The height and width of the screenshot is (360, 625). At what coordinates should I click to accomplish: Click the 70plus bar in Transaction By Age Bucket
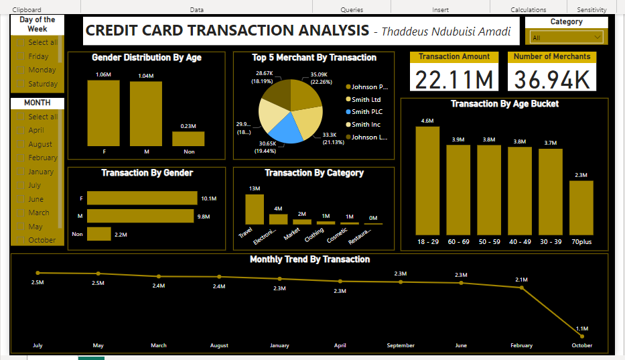tap(581, 208)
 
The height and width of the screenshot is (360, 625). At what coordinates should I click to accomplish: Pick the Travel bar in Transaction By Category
tap(255, 208)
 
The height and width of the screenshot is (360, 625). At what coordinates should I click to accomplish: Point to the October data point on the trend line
tap(582, 335)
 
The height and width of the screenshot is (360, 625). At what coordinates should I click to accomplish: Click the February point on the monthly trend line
tap(522, 288)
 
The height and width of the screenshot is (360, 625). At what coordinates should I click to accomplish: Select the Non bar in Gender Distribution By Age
tap(188, 139)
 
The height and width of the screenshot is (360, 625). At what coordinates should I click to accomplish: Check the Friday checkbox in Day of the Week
tap(20, 57)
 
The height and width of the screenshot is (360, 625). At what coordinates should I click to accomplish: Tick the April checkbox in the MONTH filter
tap(20, 131)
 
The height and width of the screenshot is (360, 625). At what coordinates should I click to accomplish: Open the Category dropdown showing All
tap(567, 38)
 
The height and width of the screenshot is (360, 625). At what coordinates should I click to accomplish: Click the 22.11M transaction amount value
tap(454, 78)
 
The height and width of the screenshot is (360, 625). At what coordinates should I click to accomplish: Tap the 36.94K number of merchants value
tap(553, 78)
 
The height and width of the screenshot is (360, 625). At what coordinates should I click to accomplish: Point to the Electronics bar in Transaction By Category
tap(278, 219)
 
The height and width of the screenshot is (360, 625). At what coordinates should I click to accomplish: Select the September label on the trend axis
tap(401, 346)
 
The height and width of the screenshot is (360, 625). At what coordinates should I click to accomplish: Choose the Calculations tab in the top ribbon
tap(528, 10)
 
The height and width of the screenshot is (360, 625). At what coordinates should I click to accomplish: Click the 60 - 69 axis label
tap(458, 242)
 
